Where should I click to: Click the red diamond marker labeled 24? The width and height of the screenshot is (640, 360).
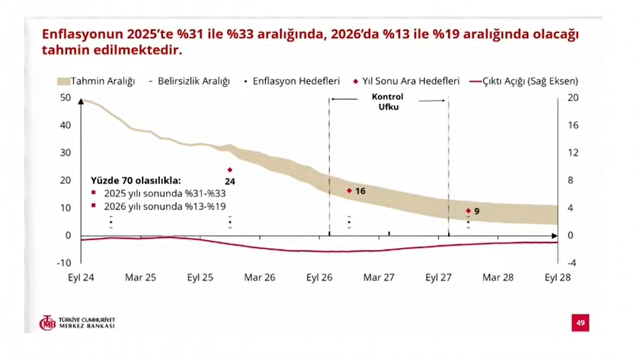(230, 170)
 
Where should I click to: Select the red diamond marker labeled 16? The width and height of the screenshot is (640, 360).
(349, 190)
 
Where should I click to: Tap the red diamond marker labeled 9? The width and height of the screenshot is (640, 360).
(468, 211)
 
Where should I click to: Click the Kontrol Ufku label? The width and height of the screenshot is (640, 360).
(387, 101)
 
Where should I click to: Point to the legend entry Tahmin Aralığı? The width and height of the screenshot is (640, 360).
(96, 81)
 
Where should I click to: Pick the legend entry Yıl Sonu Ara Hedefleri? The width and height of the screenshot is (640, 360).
(407, 81)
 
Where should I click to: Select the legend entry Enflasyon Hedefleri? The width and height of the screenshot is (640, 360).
(293, 81)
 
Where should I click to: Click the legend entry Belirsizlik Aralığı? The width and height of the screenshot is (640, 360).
(190, 81)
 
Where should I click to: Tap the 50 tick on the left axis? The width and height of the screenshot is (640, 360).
(65, 97)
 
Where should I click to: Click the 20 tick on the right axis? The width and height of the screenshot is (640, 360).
(573, 97)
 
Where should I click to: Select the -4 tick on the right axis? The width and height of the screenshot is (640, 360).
(573, 262)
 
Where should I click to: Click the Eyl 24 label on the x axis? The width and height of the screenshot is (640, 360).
(81, 277)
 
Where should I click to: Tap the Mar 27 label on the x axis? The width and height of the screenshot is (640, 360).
(378, 277)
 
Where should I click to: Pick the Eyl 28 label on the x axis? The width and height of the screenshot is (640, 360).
(557, 277)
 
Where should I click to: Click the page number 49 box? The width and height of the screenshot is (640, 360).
(580, 323)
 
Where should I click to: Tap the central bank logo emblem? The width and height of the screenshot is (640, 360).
(47, 323)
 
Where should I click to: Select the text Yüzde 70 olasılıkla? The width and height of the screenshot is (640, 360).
(135, 180)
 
